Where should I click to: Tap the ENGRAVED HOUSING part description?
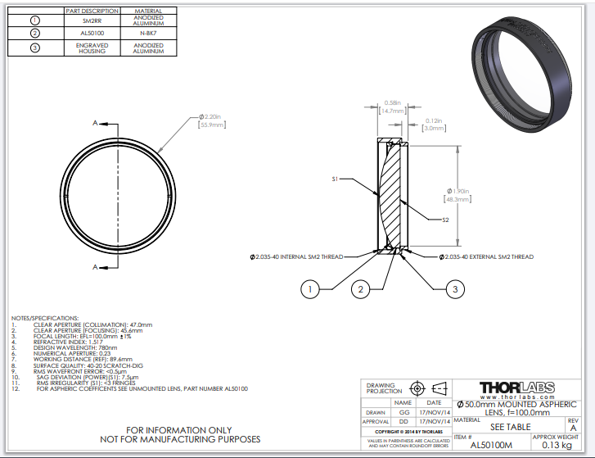click(91, 48)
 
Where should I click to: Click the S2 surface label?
click(445, 220)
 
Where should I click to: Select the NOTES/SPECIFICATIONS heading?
click(45, 317)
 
